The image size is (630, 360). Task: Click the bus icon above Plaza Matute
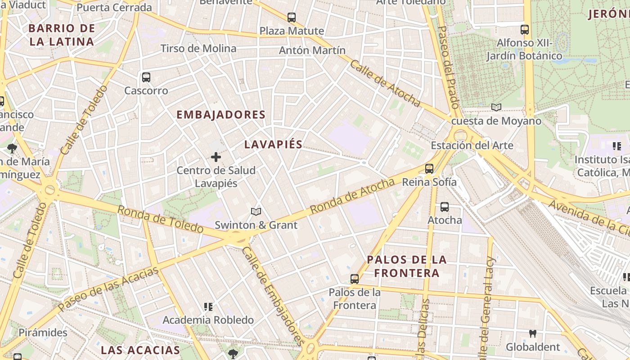point(292,18)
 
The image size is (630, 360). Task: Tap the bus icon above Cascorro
point(146,77)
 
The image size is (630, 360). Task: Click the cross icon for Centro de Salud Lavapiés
point(216,157)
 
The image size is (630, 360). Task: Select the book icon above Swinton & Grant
point(256,211)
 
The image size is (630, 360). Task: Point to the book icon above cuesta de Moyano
point(496,107)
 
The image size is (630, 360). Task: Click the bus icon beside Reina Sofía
point(429,169)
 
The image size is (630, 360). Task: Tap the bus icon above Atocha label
point(445,207)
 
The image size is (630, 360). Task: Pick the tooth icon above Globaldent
point(533,333)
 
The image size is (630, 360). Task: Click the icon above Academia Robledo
point(208,307)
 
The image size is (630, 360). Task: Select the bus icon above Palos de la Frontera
point(355,279)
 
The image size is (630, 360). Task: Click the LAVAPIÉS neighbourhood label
point(273,144)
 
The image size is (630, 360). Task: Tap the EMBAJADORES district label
point(221,115)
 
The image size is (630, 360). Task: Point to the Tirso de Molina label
point(198,48)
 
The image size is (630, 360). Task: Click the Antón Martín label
point(312,50)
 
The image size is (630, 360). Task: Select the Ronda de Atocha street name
point(352,196)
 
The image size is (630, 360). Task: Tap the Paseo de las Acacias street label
point(108,288)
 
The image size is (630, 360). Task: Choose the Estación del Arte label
point(472,145)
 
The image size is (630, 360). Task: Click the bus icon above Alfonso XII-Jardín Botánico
point(525,30)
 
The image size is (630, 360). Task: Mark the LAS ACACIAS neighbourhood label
point(140,350)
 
